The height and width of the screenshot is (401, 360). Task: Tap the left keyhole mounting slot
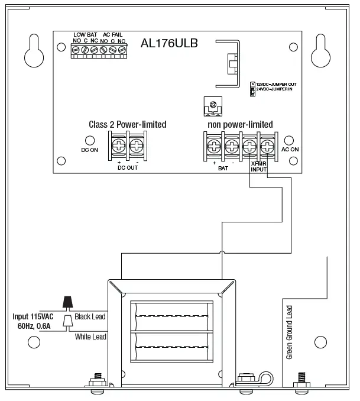pos(34,51)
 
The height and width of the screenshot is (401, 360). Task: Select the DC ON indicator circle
pos(89,141)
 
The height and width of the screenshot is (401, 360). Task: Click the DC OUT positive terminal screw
pos(119,145)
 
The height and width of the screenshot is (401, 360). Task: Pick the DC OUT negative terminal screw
pos(137,145)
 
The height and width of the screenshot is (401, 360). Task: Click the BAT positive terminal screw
pos(213,145)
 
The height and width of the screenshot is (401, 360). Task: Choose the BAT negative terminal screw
pos(232,145)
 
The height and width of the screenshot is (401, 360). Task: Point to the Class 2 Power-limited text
pos(127,124)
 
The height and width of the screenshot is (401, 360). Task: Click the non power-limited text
pos(240,124)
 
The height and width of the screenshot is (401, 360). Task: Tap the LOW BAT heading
pos(85,35)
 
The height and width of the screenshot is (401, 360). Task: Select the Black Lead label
pos(90,317)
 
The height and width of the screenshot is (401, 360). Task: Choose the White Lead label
pos(90,337)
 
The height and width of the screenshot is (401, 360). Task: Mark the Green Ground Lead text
pos(289,333)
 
